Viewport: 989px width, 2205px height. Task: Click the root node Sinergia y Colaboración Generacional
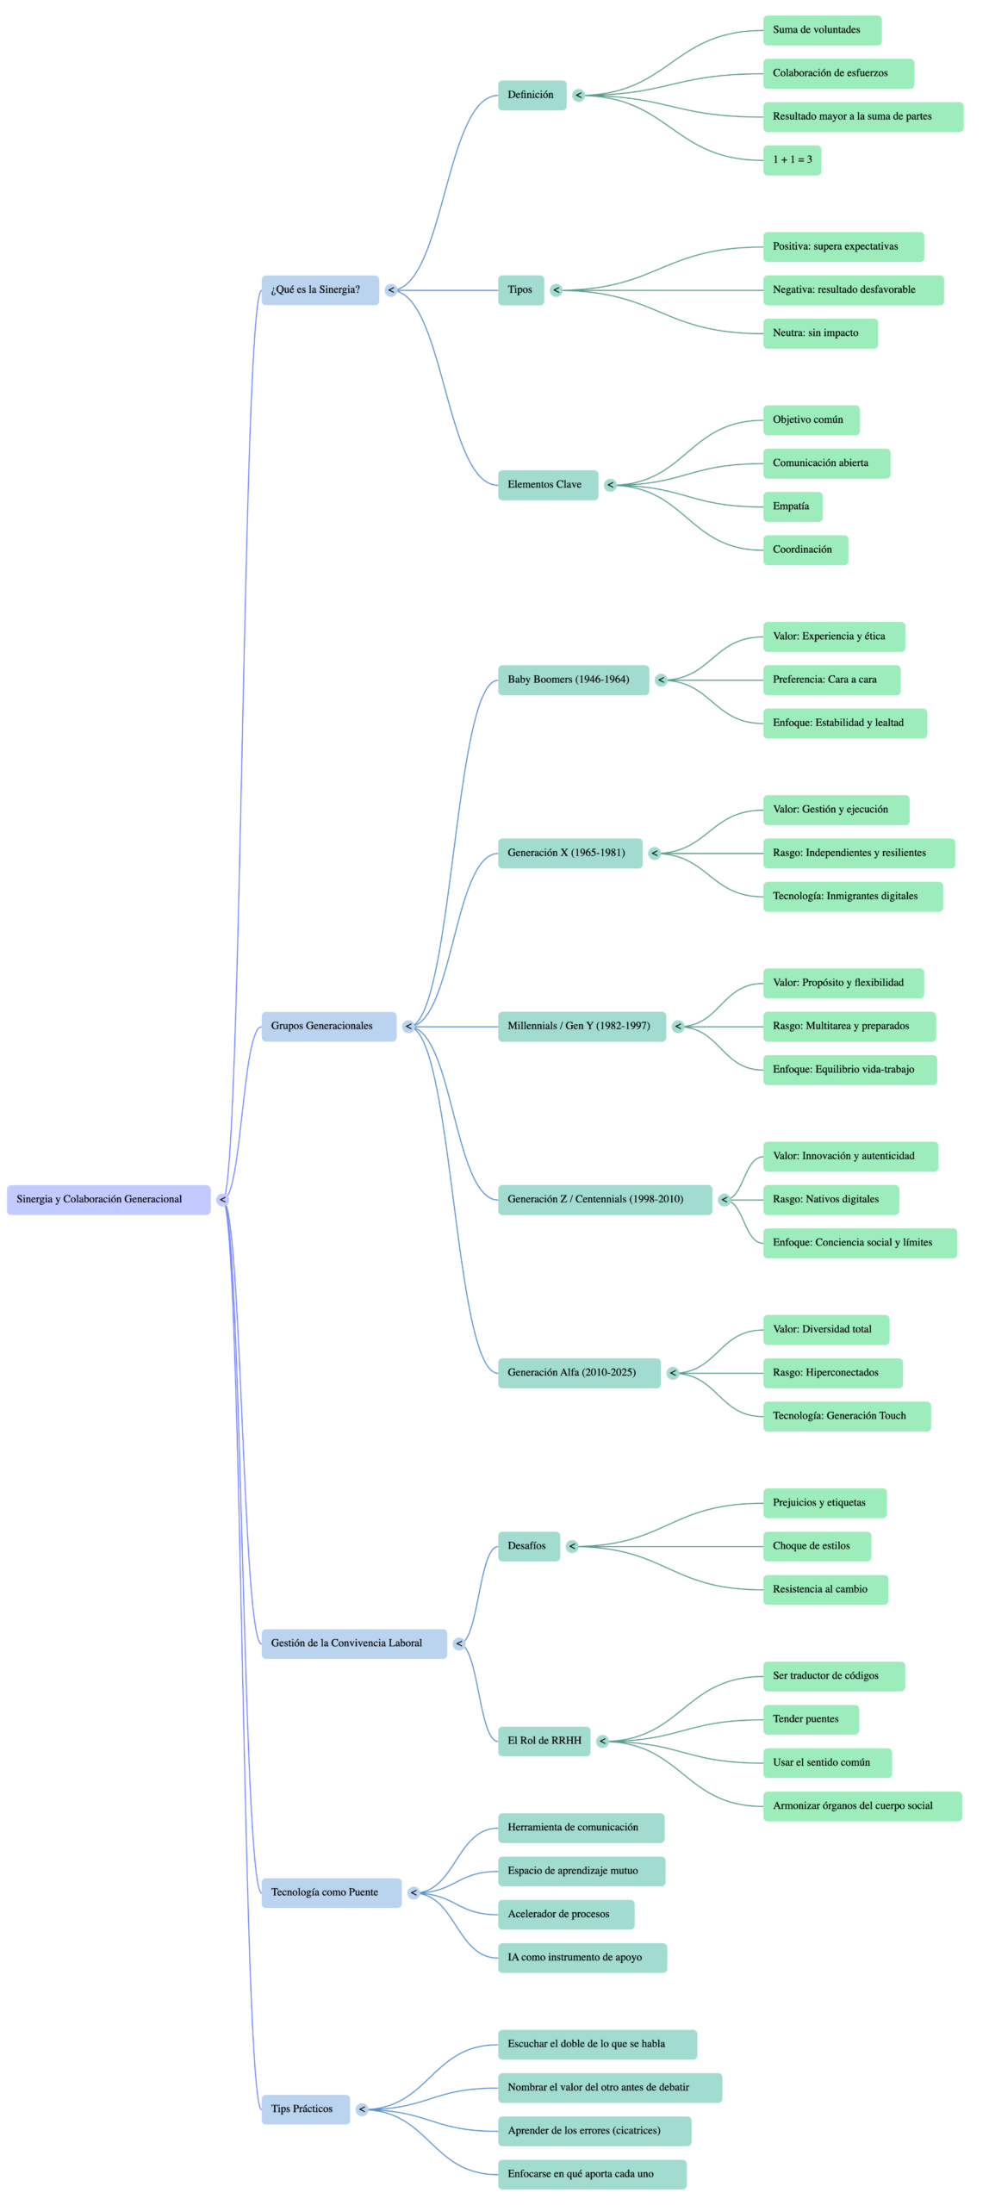tap(109, 1200)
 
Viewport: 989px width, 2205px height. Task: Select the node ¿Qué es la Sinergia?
tap(320, 290)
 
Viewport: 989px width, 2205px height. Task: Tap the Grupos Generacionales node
tap(328, 1026)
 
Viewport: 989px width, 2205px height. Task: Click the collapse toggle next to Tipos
tap(557, 290)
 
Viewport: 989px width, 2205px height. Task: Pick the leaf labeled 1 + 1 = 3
tap(792, 160)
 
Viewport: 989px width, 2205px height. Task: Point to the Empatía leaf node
tap(792, 506)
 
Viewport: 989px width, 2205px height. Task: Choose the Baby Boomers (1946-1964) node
tap(573, 680)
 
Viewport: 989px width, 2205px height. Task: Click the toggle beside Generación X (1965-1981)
tap(655, 854)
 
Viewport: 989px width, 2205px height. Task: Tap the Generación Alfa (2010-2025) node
tap(579, 1373)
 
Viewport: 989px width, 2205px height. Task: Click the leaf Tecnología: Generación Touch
tap(846, 1416)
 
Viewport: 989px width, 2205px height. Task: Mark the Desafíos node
tap(528, 1546)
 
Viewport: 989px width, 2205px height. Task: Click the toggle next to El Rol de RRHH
tap(602, 1741)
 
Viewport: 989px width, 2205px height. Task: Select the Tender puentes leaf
tap(810, 1719)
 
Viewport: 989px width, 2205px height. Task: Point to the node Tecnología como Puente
tap(331, 1892)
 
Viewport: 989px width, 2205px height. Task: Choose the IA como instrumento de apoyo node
tap(582, 1957)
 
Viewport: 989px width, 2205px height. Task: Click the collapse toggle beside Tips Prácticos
tap(362, 2109)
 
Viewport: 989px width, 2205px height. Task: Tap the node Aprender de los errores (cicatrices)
tap(594, 2131)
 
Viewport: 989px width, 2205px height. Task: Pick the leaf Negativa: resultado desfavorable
tap(853, 290)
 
